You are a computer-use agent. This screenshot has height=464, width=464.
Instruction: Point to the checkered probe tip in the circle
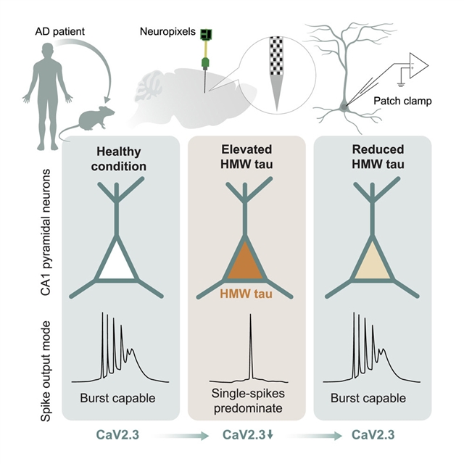(278, 80)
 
